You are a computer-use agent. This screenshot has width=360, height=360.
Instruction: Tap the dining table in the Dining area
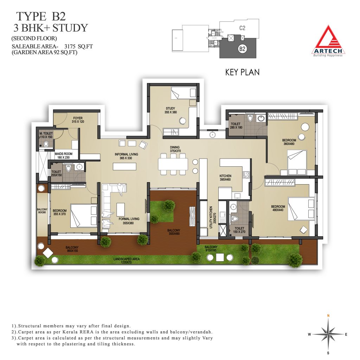click(173, 165)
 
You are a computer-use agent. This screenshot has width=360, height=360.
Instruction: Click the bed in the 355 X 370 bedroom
click(84, 215)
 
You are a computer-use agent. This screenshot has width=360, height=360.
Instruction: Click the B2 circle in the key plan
click(242, 49)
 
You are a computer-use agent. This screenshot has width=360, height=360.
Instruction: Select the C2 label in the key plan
click(242, 28)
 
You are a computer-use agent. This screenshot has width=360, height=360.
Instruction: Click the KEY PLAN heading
click(242, 72)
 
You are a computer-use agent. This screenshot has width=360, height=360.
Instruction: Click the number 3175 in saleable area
click(70, 46)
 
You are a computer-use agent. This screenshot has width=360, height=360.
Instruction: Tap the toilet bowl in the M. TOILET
click(46, 144)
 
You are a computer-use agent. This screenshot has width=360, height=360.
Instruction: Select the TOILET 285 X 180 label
click(236, 126)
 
